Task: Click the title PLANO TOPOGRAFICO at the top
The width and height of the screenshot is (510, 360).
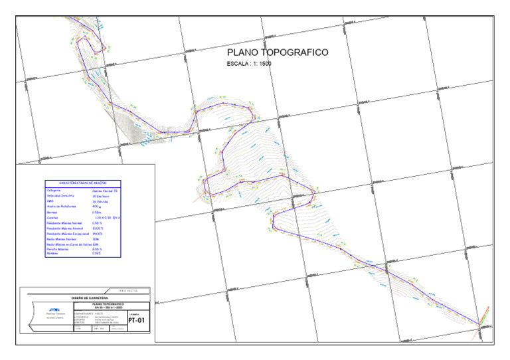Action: click(278, 52)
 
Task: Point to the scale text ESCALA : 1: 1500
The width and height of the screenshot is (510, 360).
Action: click(249, 64)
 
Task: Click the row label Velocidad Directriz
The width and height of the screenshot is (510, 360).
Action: click(62, 196)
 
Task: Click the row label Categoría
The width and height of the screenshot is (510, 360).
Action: click(54, 190)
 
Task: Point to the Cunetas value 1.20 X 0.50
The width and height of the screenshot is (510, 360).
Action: click(106, 218)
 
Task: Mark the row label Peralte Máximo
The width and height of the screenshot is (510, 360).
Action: click(58, 249)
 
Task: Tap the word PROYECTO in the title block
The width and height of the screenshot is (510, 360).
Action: click(129, 290)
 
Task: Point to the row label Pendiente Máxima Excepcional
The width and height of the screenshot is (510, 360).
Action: click(69, 234)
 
